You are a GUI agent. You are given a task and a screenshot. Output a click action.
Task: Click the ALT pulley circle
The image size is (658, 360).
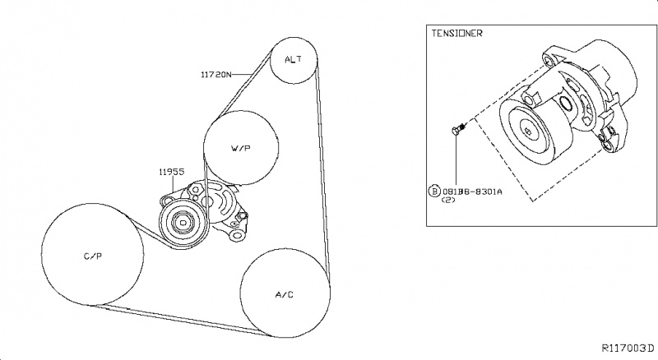click(x=294, y=60)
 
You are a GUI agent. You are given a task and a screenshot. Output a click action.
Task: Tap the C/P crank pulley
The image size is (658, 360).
click(x=92, y=256)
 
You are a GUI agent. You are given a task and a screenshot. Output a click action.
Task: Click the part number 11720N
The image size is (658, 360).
click(x=220, y=74)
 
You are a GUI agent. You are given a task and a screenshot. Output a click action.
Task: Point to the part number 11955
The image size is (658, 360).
click(x=171, y=173)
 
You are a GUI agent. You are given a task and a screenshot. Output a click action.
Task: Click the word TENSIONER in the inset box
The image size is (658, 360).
click(x=457, y=34)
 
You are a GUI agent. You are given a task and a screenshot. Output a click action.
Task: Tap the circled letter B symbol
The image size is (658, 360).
click(x=434, y=190)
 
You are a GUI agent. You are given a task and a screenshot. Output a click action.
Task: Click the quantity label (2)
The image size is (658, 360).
click(x=450, y=200)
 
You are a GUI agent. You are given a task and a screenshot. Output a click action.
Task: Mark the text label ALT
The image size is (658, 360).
click(x=294, y=60)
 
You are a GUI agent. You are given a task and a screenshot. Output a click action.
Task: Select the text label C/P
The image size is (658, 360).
click(x=92, y=256)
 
